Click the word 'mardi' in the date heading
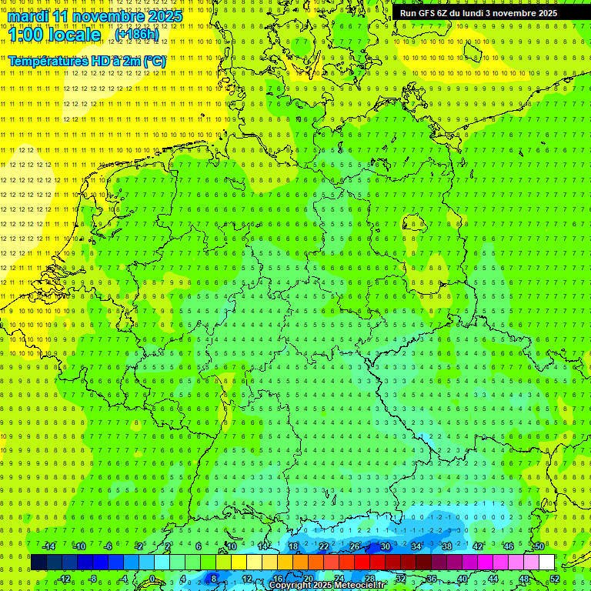tap(27, 17)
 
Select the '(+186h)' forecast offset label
tap(137, 35)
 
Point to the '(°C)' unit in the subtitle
tap(153, 61)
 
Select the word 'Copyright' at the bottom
tap(290, 586)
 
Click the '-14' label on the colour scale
tap(48, 546)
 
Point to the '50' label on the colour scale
tap(539, 546)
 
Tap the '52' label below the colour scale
tap(555, 579)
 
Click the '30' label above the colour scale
tap(385, 546)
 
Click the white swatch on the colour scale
tap(546, 563)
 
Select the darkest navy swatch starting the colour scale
tap(38, 563)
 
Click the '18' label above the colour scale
tap(292, 546)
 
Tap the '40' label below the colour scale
tap(462, 579)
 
